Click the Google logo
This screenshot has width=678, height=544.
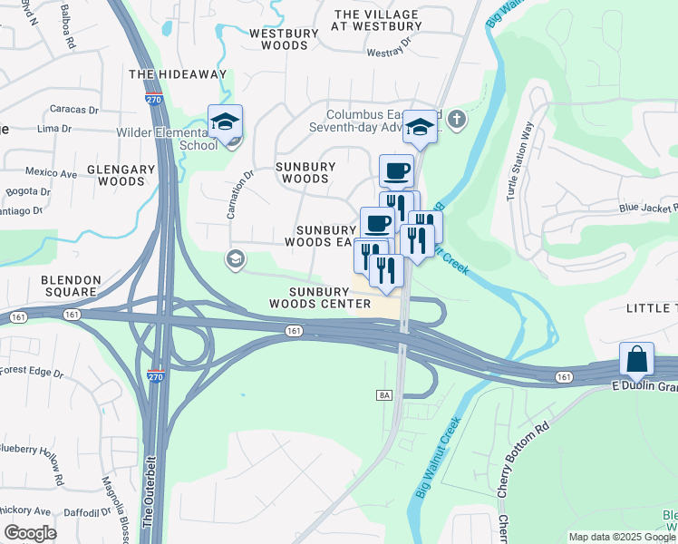30,533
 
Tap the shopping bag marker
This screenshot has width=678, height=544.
637,359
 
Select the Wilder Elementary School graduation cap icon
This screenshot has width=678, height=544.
225,122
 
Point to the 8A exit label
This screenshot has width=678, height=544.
383,395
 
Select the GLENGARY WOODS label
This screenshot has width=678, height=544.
115,175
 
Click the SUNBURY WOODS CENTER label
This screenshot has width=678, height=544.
330,297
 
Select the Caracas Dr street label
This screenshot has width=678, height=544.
73,110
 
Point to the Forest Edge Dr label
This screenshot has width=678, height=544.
32,371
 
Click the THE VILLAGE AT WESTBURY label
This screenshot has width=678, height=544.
377,21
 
